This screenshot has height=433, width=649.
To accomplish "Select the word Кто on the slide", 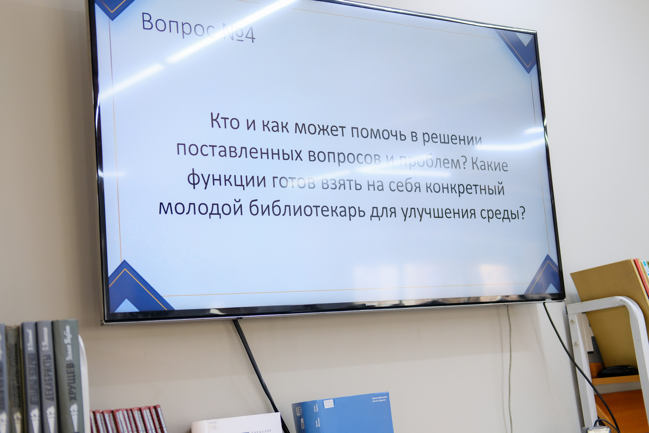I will pos(225,121).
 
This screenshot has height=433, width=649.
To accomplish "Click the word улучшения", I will pos(439,213).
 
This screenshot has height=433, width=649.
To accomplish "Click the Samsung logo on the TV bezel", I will pos(371,304).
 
